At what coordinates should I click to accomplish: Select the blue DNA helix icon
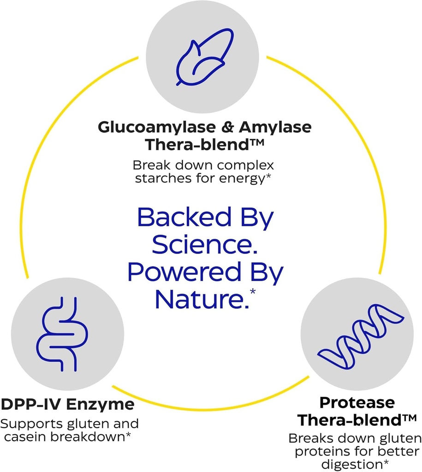361,332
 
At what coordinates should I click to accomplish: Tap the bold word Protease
357,402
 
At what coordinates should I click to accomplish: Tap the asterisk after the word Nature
252,291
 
